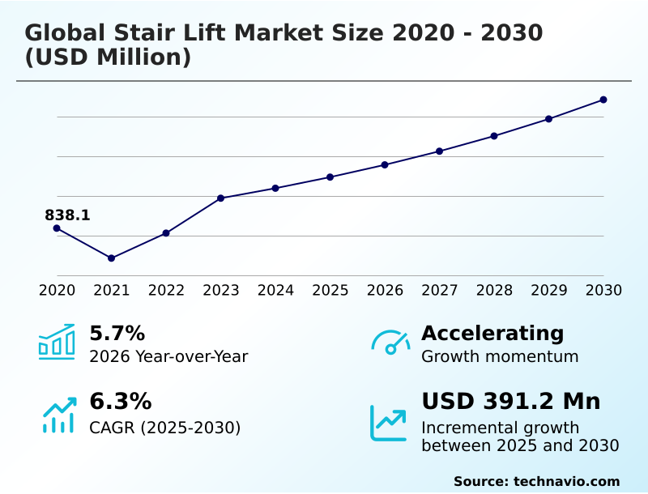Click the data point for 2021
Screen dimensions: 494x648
click(x=111, y=258)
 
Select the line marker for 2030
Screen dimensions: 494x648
click(x=603, y=100)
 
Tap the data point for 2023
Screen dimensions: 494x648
click(x=220, y=198)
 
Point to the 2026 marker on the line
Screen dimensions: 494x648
click(x=385, y=165)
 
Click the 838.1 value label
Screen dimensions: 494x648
click(x=67, y=215)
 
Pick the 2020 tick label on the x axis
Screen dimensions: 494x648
click(x=57, y=291)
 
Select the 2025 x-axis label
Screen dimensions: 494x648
click(x=330, y=291)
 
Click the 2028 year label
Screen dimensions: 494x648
click(x=494, y=291)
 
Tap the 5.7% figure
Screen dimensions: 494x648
click(x=117, y=334)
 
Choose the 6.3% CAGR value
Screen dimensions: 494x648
click(x=120, y=402)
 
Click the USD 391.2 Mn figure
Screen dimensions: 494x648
click(x=510, y=402)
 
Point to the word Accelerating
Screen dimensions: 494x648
click(x=492, y=334)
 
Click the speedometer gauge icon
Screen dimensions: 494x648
click(x=390, y=343)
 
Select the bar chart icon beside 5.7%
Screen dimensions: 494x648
click(x=57, y=343)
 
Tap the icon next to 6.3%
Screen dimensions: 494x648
click(x=58, y=415)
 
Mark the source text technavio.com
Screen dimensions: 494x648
click(x=566, y=481)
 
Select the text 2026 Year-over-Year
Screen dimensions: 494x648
click(x=168, y=356)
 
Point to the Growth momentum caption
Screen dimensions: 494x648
click(x=500, y=356)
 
